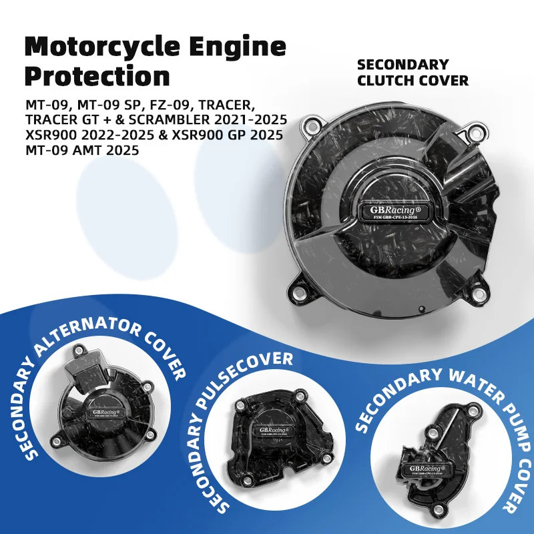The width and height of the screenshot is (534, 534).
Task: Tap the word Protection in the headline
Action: [x=96, y=76]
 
